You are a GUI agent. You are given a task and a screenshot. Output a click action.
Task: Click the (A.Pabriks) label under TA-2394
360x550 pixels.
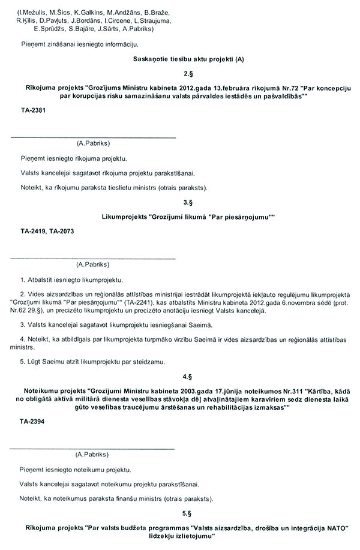tap(92, 455)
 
